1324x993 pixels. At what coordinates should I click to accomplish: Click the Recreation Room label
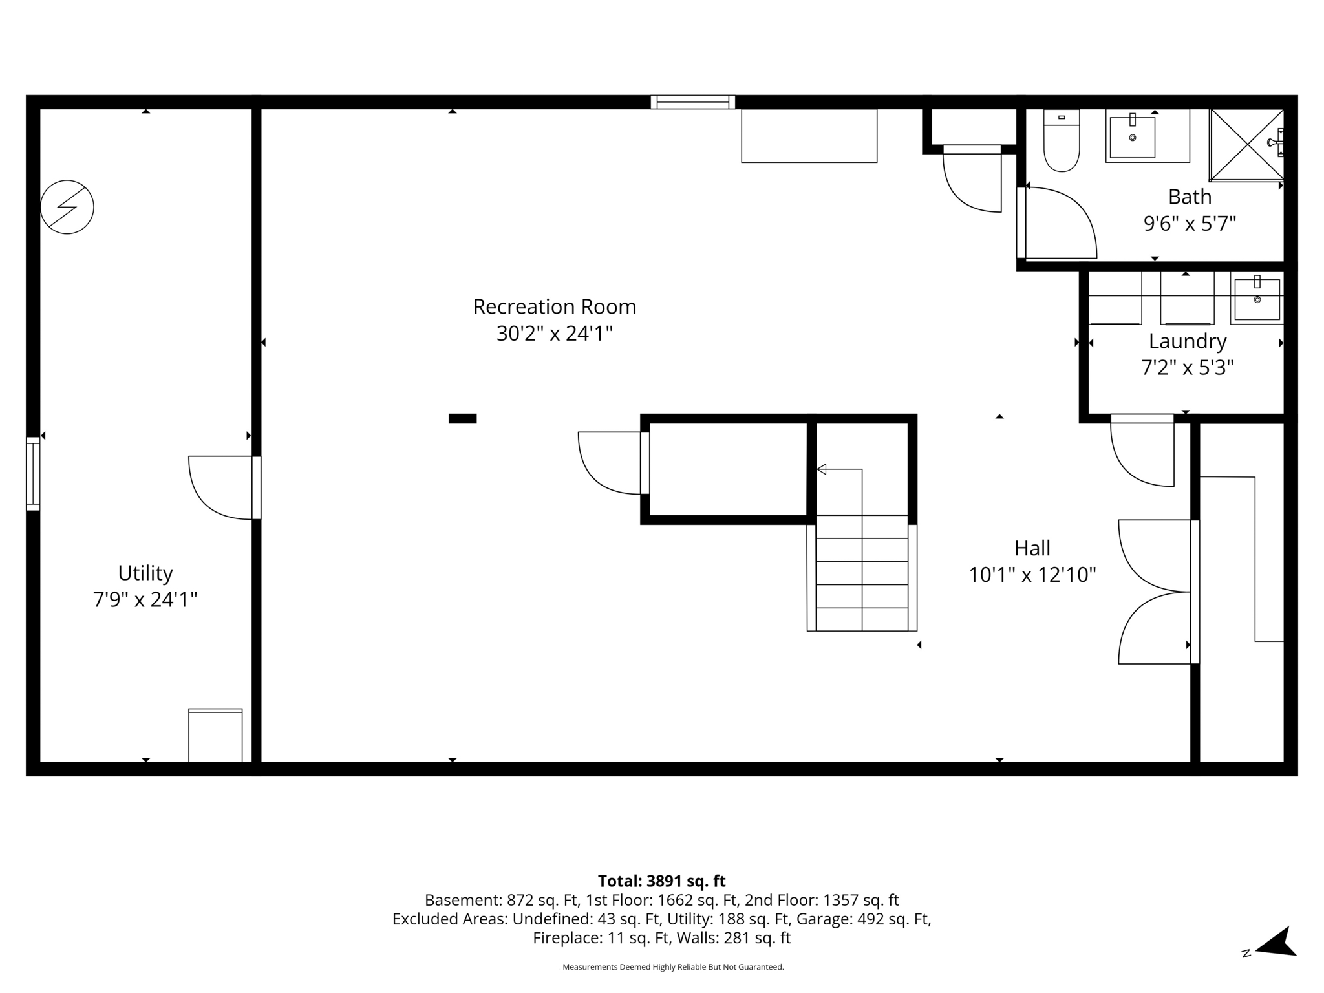pos(555,306)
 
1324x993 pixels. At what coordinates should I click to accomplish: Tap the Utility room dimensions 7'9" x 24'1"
pos(145,600)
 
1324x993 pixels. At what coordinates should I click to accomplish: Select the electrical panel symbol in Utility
pos(67,207)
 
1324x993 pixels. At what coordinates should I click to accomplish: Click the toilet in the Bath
pos(1062,142)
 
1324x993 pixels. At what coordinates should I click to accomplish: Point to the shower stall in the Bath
pos(1246,145)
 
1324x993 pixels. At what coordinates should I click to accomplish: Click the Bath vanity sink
pos(1133,137)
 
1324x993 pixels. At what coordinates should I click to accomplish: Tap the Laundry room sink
pos(1257,299)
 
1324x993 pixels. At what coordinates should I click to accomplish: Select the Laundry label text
pos(1188,341)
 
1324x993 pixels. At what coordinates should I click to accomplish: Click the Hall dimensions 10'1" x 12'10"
pos(1032,575)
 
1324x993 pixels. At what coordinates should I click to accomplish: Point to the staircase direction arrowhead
pos(822,469)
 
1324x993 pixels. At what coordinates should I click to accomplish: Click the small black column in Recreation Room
pos(463,418)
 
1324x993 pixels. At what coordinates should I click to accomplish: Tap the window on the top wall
pos(692,102)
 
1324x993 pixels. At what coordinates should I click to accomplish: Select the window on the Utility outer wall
pos(33,474)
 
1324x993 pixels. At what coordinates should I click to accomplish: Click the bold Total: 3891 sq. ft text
pos(661,881)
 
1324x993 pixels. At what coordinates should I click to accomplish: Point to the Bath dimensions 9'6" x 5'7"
pos(1190,224)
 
